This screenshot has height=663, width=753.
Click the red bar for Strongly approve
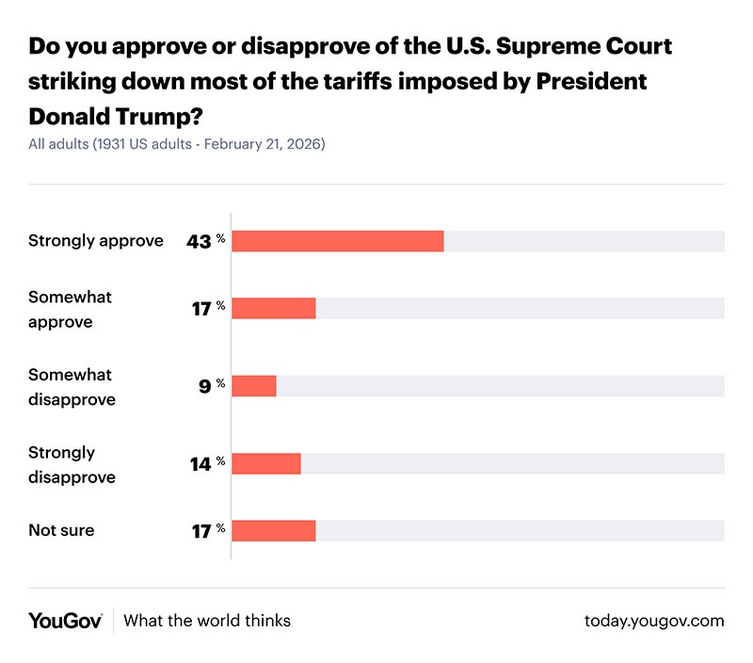click(337, 241)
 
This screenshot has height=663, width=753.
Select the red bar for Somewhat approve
click(273, 308)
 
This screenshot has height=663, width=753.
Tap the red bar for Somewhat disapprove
click(253, 386)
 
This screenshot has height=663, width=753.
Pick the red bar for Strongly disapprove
click(265, 463)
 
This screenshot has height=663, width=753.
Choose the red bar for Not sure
click(273, 530)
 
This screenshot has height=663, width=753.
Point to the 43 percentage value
click(199, 241)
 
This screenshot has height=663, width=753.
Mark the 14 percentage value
click(200, 463)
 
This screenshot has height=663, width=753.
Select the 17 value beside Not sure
click(200, 530)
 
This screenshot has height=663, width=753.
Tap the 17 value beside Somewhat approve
click(200, 308)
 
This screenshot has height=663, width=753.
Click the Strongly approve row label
click(95, 241)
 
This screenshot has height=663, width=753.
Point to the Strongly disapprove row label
click(72, 465)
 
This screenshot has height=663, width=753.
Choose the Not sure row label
click(61, 530)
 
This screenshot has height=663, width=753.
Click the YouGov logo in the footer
click(65, 621)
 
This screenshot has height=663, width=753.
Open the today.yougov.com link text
click(654, 621)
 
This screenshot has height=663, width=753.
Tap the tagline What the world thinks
click(207, 621)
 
